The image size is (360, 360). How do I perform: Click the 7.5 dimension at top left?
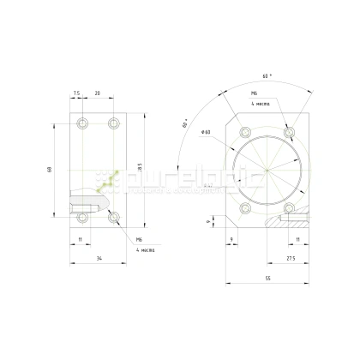click(76, 92)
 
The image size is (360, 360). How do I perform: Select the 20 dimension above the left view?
click(99, 92)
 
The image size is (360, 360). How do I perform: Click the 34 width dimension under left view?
click(100, 257)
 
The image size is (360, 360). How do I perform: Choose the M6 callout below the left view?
click(139, 240)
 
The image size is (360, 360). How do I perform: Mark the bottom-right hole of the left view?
click(115, 219)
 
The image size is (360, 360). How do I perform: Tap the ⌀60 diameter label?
click(207, 131)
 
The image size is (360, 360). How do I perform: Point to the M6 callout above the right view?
click(255, 92)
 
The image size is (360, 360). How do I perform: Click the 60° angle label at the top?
click(267, 75)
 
